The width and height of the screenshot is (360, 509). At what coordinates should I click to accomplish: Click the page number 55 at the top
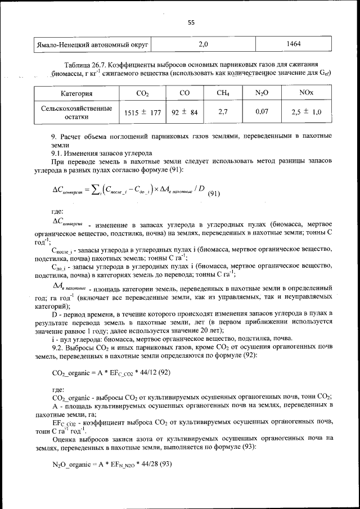(191, 22)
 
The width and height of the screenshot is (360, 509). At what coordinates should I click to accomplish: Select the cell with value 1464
(294, 43)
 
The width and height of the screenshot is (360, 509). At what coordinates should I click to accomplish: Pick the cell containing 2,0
(204, 43)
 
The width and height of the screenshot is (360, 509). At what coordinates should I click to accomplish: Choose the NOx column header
(306, 93)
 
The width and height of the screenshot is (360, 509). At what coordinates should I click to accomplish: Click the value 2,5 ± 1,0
(306, 112)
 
